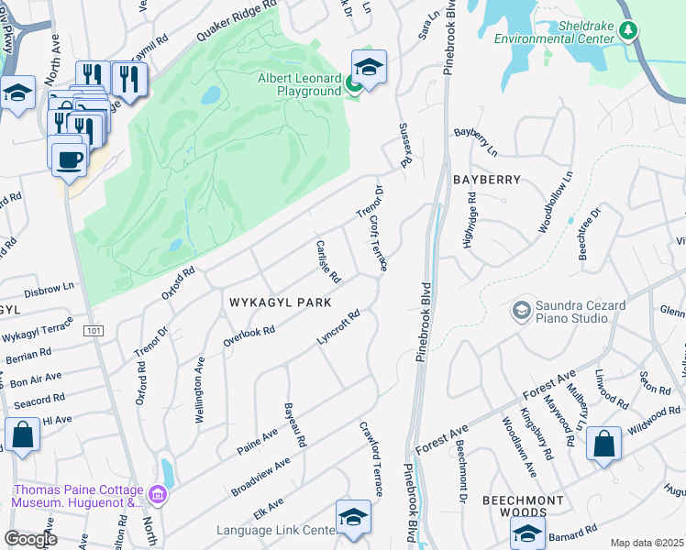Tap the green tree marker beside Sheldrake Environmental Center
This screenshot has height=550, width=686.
pyautogui.click(x=627, y=31)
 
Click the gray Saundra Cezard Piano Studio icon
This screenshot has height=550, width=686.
pyautogui.click(x=521, y=311)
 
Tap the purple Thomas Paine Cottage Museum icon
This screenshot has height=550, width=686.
pyautogui.click(x=160, y=495)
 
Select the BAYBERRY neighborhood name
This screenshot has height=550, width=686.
pyautogui.click(x=486, y=180)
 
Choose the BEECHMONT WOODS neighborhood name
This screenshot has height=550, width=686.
pyautogui.click(x=548, y=500)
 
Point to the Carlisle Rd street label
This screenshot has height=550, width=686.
pyautogui.click(x=327, y=261)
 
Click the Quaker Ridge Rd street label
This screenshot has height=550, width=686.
pyautogui.click(x=240, y=22)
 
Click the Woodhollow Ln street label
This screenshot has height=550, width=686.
pyautogui.click(x=555, y=202)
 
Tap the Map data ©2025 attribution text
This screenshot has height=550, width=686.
pyautogui.click(x=647, y=543)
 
